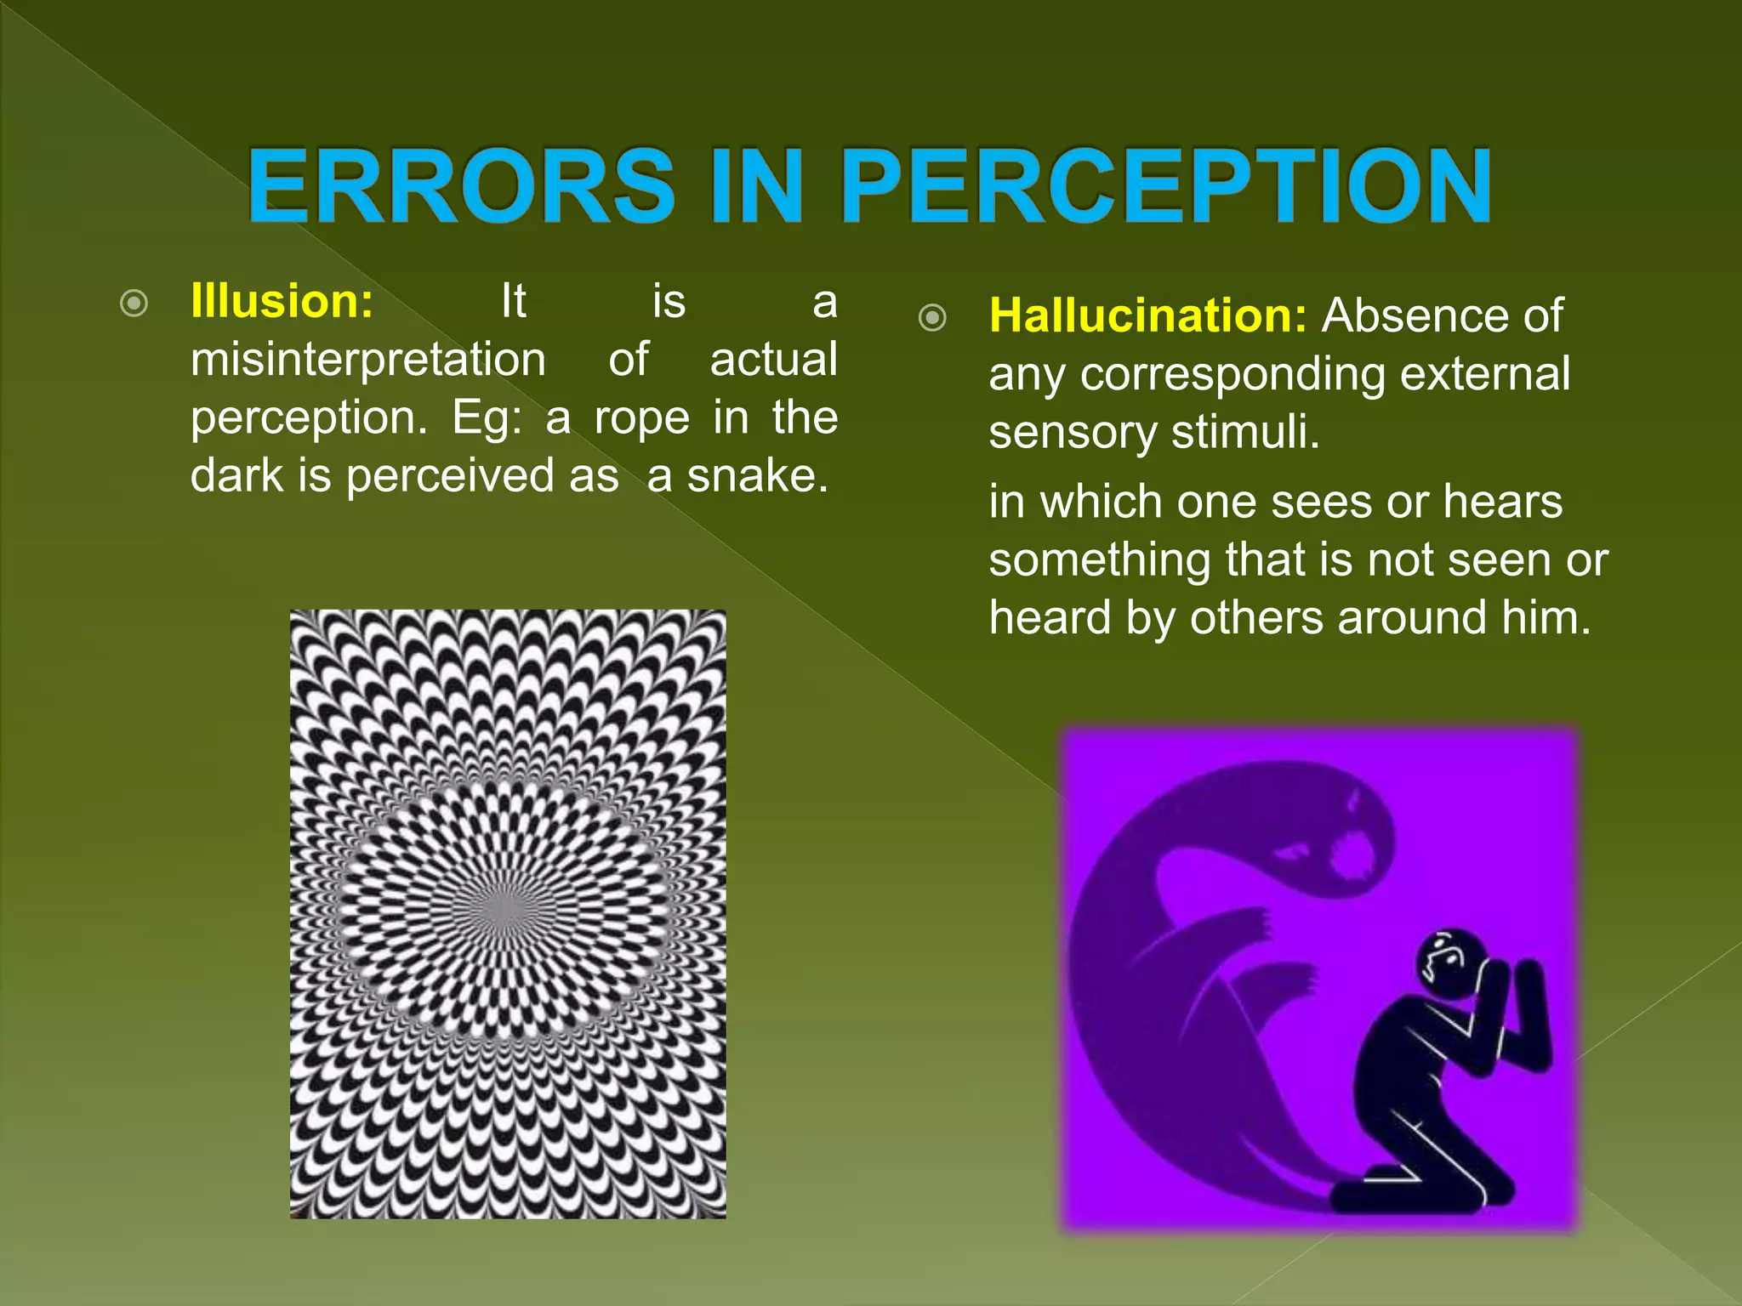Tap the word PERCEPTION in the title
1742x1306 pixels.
coord(1167,186)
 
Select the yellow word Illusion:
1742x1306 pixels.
coord(282,301)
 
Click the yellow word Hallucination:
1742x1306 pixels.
coord(1147,315)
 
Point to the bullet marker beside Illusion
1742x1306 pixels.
coord(134,304)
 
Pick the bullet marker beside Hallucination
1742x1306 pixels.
coord(932,318)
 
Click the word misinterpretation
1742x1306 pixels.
coord(368,360)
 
